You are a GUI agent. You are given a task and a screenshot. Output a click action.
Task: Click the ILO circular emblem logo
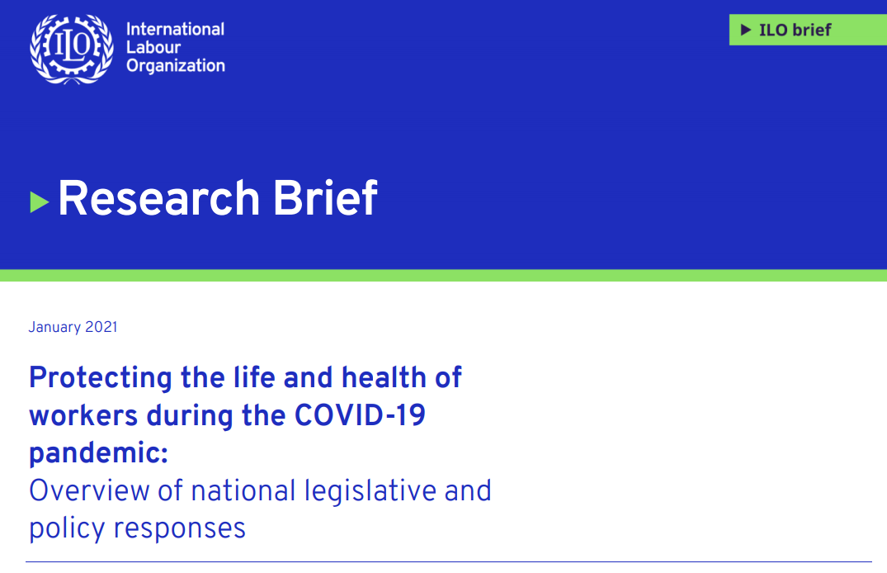(x=71, y=49)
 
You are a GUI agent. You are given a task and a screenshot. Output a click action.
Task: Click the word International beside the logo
(x=176, y=29)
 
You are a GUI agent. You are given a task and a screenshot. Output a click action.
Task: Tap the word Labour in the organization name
(x=153, y=47)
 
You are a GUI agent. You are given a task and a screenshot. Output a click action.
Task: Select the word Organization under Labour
(x=176, y=66)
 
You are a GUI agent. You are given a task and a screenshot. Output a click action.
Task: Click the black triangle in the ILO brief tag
(x=746, y=30)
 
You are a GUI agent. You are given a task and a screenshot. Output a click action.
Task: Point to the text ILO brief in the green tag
(x=795, y=30)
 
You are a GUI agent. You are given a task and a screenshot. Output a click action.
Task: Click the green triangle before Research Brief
(x=39, y=202)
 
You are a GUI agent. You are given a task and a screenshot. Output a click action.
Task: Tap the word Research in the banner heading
(x=159, y=197)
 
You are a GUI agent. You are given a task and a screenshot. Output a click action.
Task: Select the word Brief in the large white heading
(x=325, y=197)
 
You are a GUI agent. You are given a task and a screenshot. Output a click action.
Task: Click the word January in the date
(x=55, y=327)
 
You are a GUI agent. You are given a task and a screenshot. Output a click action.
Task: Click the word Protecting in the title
(x=101, y=378)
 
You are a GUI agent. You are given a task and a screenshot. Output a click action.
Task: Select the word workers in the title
(x=83, y=415)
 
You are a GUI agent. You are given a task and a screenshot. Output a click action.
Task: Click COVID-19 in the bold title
(x=360, y=415)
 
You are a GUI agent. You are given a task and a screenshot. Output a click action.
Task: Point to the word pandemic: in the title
(x=99, y=453)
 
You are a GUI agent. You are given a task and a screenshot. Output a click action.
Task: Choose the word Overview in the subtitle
(x=89, y=490)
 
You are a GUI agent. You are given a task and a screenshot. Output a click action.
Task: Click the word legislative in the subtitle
(x=370, y=491)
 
